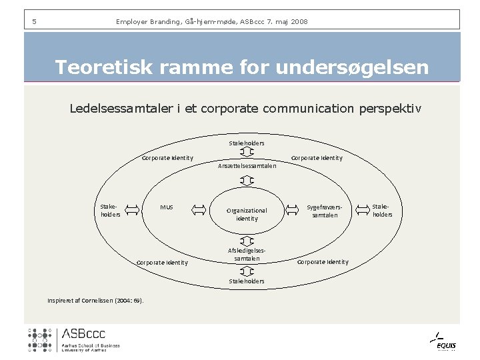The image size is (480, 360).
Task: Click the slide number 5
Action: pos(34,22)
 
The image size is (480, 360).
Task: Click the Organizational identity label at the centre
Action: pos(247,214)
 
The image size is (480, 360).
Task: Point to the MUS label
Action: pos(167,207)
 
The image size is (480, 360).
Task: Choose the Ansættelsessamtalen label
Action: pos(247,166)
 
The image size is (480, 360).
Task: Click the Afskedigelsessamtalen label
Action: pos(247,254)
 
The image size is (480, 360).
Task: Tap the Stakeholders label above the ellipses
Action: pos(247,143)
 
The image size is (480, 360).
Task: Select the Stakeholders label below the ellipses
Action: pos(247,281)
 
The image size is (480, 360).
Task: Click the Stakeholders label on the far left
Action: pos(110,211)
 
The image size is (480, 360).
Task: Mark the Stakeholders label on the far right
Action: pos(383,211)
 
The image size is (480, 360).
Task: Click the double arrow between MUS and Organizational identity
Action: pos(199,210)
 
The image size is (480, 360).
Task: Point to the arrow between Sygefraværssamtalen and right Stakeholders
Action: pos(362,210)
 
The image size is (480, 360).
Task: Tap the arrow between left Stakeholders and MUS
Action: pos(132,210)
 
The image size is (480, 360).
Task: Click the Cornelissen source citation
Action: pos(95,299)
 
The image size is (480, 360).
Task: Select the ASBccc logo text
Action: pos(83,334)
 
